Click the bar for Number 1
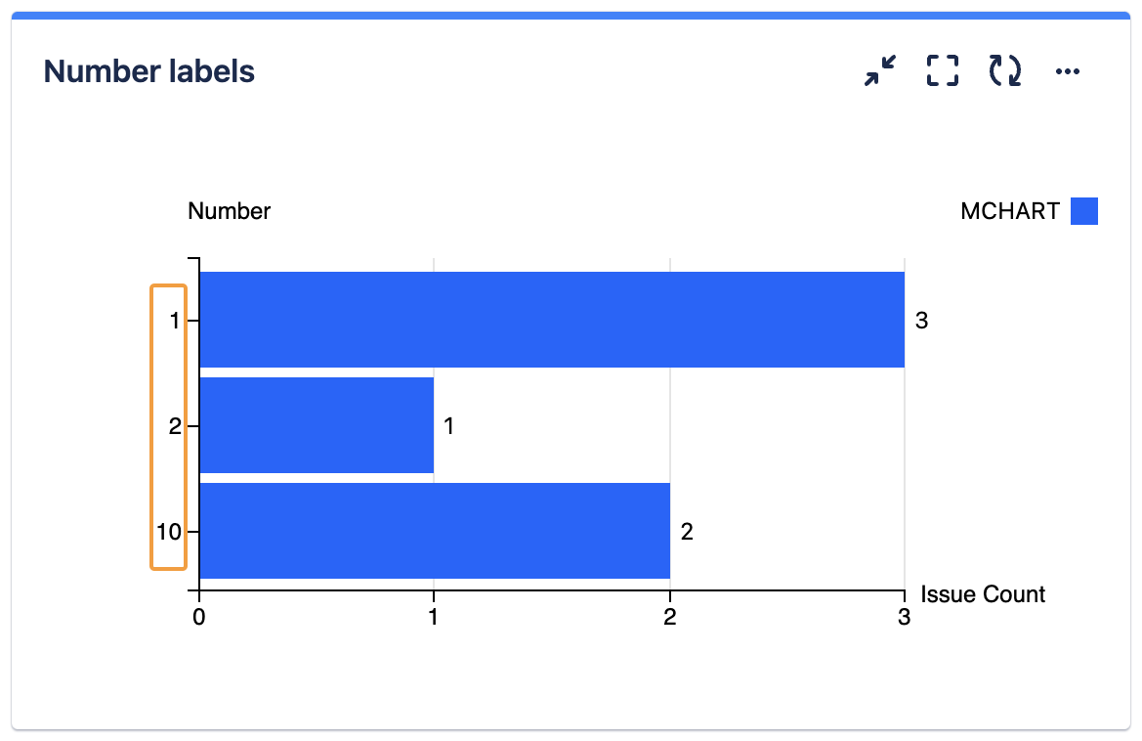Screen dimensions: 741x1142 [x=552, y=320]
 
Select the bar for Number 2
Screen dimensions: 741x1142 [x=317, y=425]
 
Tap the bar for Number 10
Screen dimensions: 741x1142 [x=435, y=531]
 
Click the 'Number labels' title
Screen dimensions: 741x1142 [x=149, y=71]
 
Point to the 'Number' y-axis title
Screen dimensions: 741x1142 [x=230, y=211]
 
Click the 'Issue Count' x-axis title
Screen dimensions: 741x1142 [x=983, y=594]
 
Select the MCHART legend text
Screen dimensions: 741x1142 [x=1010, y=211]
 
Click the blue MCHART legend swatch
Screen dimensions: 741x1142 [x=1084, y=211]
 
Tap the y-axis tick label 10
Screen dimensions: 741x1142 [x=169, y=532]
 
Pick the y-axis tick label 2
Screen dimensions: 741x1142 [x=175, y=426]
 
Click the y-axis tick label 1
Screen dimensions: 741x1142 [x=176, y=320]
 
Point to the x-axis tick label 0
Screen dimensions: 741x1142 [x=199, y=617]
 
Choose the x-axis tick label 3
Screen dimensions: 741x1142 [x=905, y=617]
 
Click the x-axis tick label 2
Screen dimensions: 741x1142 [x=670, y=617]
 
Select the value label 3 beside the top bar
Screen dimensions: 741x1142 [x=921, y=320]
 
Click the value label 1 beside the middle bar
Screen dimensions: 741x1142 [x=449, y=426]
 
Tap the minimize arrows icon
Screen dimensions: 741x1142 [x=879, y=70]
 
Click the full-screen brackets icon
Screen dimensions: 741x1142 [x=943, y=70]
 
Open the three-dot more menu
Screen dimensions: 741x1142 [x=1068, y=70]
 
